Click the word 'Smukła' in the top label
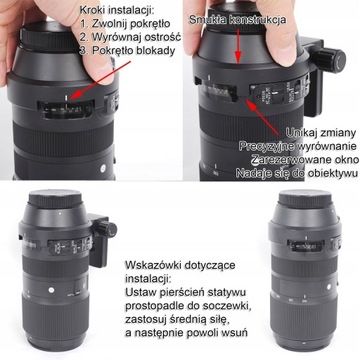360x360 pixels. click(216, 19)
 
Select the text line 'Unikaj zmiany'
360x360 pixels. click(307, 131)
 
